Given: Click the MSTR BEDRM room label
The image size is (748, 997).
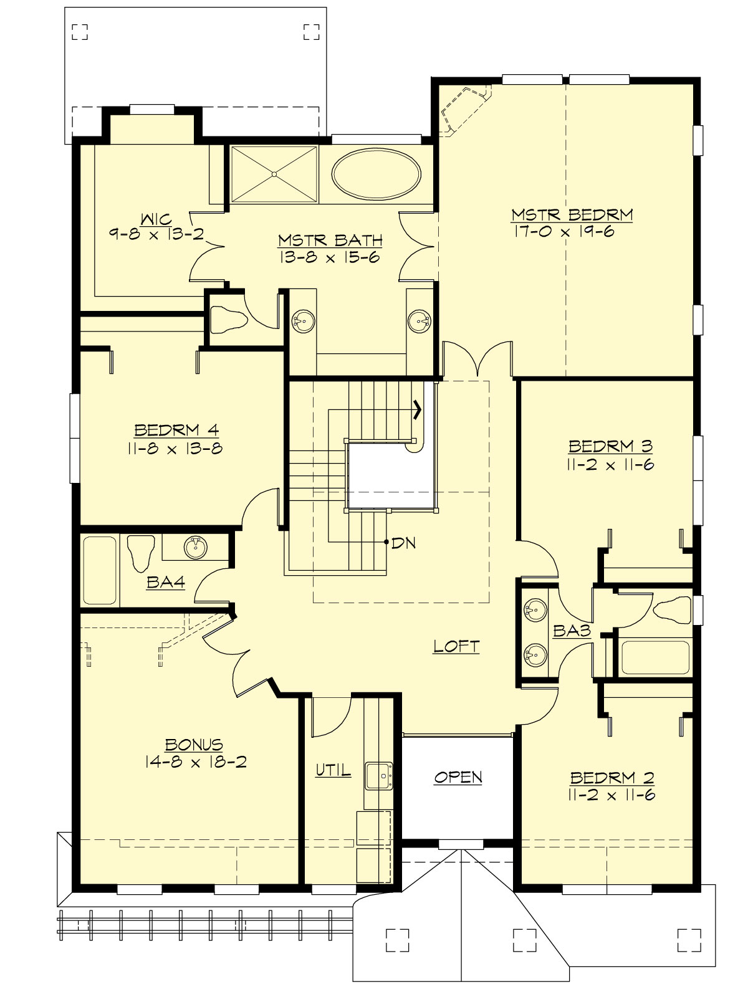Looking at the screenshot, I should pyautogui.click(x=572, y=215).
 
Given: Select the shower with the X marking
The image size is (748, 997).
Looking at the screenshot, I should pyautogui.click(x=274, y=174).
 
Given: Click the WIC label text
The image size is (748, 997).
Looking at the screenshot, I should pyautogui.click(x=156, y=219).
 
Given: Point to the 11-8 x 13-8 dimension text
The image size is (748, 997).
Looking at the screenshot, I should pyautogui.click(x=177, y=448).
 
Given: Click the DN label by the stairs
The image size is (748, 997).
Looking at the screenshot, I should pyautogui.click(x=403, y=543).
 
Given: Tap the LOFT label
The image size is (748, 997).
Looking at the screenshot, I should pyautogui.click(x=456, y=646).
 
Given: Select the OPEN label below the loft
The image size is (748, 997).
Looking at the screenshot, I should pyautogui.click(x=458, y=777).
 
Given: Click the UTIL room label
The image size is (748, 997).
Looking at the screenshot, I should pyautogui.click(x=333, y=771).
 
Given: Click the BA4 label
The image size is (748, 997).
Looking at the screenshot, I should pyautogui.click(x=166, y=583).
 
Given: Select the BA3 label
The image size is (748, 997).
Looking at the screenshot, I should pyautogui.click(x=572, y=631).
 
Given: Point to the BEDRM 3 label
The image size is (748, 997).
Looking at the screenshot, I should pyautogui.click(x=610, y=446).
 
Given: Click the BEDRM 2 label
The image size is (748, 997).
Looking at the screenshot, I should pyautogui.click(x=611, y=778).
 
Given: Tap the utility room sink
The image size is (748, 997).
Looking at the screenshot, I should pyautogui.click(x=378, y=776).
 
